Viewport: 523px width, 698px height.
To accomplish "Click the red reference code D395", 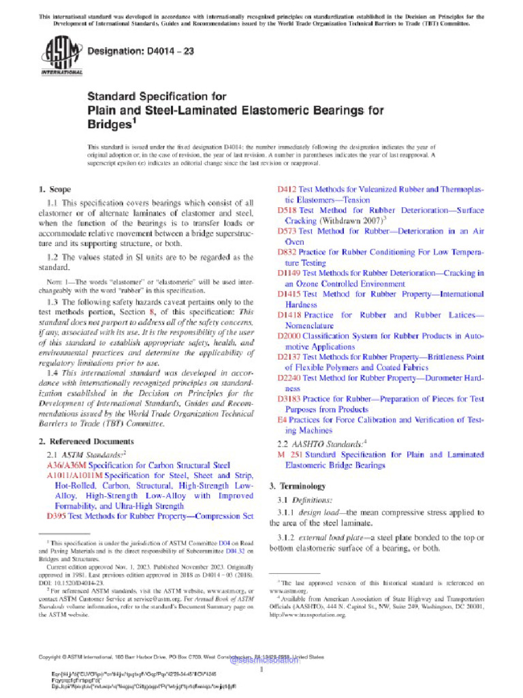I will pyautogui.click(x=55, y=516).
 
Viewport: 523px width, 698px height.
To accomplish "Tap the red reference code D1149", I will pyautogui.click(x=289, y=273).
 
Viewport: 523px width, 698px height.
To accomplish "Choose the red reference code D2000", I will pyautogui.click(x=289, y=336).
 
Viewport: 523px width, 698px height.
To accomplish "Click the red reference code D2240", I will pyautogui.click(x=289, y=378).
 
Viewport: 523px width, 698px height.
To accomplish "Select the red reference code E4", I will pyautogui.click(x=281, y=420).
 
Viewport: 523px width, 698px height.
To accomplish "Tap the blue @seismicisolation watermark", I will pyautogui.click(x=264, y=660).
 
